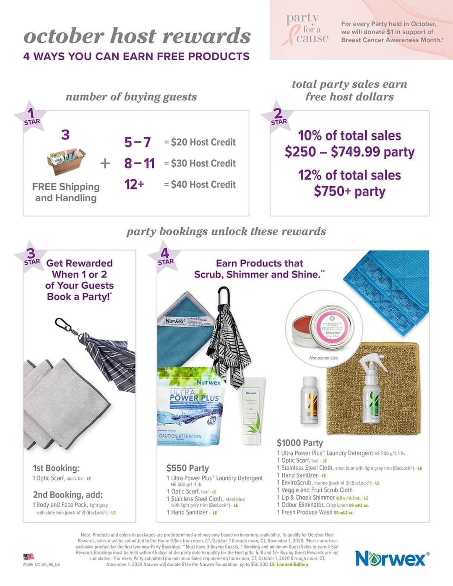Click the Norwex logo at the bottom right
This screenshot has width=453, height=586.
pyautogui.click(x=392, y=558)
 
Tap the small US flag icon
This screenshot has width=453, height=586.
pyautogui.click(x=29, y=557)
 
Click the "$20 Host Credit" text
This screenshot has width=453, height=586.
pyautogui.click(x=203, y=143)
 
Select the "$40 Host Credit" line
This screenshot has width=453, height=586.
pyautogui.click(x=203, y=184)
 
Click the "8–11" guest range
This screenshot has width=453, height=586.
pyautogui.click(x=139, y=163)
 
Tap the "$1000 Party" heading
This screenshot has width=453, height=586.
pyautogui.click(x=299, y=443)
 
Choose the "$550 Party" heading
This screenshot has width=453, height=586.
pyautogui.click(x=187, y=468)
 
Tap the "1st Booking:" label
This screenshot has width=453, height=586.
pyautogui.click(x=56, y=468)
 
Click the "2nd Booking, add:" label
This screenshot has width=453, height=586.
pyautogui.click(x=68, y=495)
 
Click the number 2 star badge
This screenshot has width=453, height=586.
pyautogui.click(x=278, y=117)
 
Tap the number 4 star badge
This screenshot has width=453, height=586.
pyautogui.click(x=165, y=256)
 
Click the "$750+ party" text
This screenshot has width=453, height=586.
pyautogui.click(x=349, y=192)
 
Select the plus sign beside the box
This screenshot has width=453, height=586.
pyautogui.click(x=105, y=163)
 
